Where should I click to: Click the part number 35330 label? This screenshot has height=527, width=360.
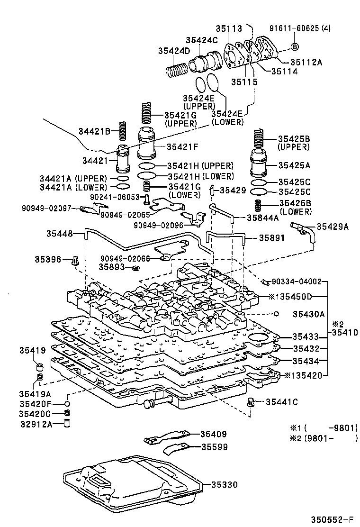[x=224, y=484]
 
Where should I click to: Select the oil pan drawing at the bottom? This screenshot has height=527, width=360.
[x=133, y=483]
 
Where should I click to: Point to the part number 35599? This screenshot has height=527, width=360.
[x=214, y=447]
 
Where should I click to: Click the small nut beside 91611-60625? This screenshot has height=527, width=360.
[x=294, y=46]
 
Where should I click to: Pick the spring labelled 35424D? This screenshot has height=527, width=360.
[x=177, y=71]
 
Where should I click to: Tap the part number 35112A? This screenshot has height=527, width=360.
[x=306, y=61]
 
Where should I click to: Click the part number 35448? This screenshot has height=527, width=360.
[x=59, y=233]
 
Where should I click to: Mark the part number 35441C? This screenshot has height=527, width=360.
[x=281, y=402]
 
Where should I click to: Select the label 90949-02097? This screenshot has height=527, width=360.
[x=46, y=208]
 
